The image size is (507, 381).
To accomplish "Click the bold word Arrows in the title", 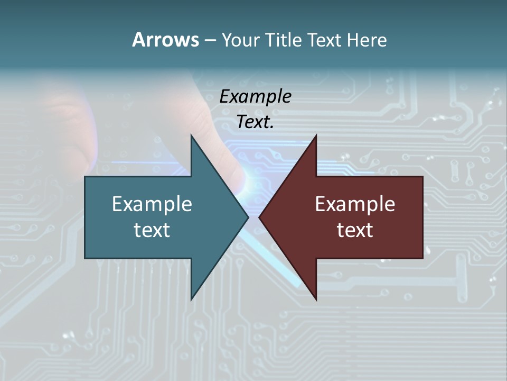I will pyautogui.click(x=165, y=40).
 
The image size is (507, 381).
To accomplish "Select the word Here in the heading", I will pyautogui.click(x=367, y=40).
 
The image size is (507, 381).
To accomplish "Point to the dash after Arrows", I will pyautogui.click(x=210, y=40).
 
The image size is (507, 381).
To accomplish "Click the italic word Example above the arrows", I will pyautogui.click(x=255, y=96).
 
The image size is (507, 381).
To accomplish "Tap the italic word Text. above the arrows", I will pyautogui.click(x=255, y=122).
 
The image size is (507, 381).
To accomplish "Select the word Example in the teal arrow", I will pyautogui.click(x=152, y=204).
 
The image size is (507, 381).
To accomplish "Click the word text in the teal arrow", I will pyautogui.click(x=152, y=230).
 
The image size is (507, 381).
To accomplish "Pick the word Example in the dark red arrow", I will pyautogui.click(x=355, y=204).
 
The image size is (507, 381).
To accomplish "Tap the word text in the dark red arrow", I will pyautogui.click(x=355, y=230).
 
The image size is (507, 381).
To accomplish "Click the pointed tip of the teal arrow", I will pyautogui.click(x=248, y=217).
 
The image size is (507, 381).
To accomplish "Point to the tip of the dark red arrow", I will pyautogui.click(x=259, y=217).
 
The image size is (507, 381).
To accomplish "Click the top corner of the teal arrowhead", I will pyautogui.click(x=191, y=135).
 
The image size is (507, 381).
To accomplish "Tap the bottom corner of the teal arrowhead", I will pyautogui.click(x=191, y=300).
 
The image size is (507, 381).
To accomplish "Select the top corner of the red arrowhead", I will pyautogui.click(x=316, y=135).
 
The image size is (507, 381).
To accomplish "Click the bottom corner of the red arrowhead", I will pyautogui.click(x=316, y=300).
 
